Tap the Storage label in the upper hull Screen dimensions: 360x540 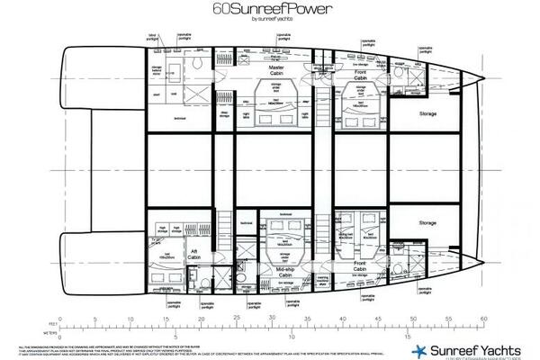(x=427, y=113)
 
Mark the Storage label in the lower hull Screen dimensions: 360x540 (x=427, y=223)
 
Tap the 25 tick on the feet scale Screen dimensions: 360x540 (x=236, y=318)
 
